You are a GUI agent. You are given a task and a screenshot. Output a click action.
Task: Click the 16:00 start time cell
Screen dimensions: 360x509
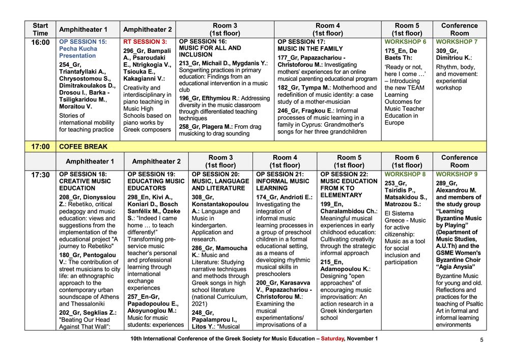[x=41, y=42]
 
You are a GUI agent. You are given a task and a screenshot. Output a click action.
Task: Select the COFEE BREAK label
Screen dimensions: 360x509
[x=83, y=147]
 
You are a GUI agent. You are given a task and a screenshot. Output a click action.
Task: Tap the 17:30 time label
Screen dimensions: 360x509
[x=41, y=175]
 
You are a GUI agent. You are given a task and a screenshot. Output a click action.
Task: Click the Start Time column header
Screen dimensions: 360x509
[x=41, y=29]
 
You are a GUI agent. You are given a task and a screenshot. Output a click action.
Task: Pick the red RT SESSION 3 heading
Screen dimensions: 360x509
[x=145, y=42]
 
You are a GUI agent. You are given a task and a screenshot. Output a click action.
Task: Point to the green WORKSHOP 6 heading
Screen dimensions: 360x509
[x=406, y=42]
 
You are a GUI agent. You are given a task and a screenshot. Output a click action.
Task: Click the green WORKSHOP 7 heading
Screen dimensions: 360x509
[x=457, y=42]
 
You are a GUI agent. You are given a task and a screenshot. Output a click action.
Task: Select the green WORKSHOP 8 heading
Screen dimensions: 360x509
[x=406, y=174]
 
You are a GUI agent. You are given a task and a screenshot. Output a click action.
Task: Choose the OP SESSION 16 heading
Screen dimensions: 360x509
[x=203, y=42]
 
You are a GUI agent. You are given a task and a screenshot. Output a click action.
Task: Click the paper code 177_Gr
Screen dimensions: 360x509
[x=289, y=58]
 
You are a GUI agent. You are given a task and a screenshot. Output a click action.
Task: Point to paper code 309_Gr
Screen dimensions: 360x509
[x=448, y=51]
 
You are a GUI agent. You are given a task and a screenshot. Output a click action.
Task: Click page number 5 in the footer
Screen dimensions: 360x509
[x=482, y=340]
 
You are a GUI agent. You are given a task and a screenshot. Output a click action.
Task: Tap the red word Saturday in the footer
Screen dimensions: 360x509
[x=332, y=339]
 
